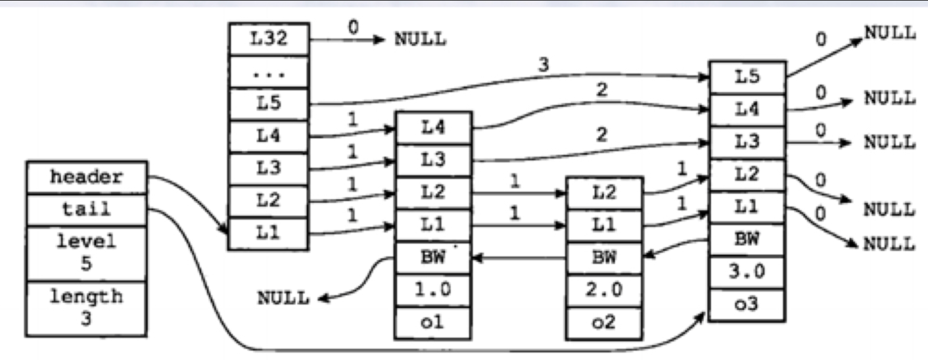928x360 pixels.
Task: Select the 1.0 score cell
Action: (432, 290)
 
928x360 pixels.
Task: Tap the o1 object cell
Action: (432, 321)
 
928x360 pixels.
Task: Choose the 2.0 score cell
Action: (603, 290)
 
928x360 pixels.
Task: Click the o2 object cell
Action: (603, 321)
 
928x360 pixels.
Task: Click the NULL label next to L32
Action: (420, 39)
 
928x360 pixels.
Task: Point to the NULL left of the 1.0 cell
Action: (283, 298)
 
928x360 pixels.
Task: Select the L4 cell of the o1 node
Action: (432, 128)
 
